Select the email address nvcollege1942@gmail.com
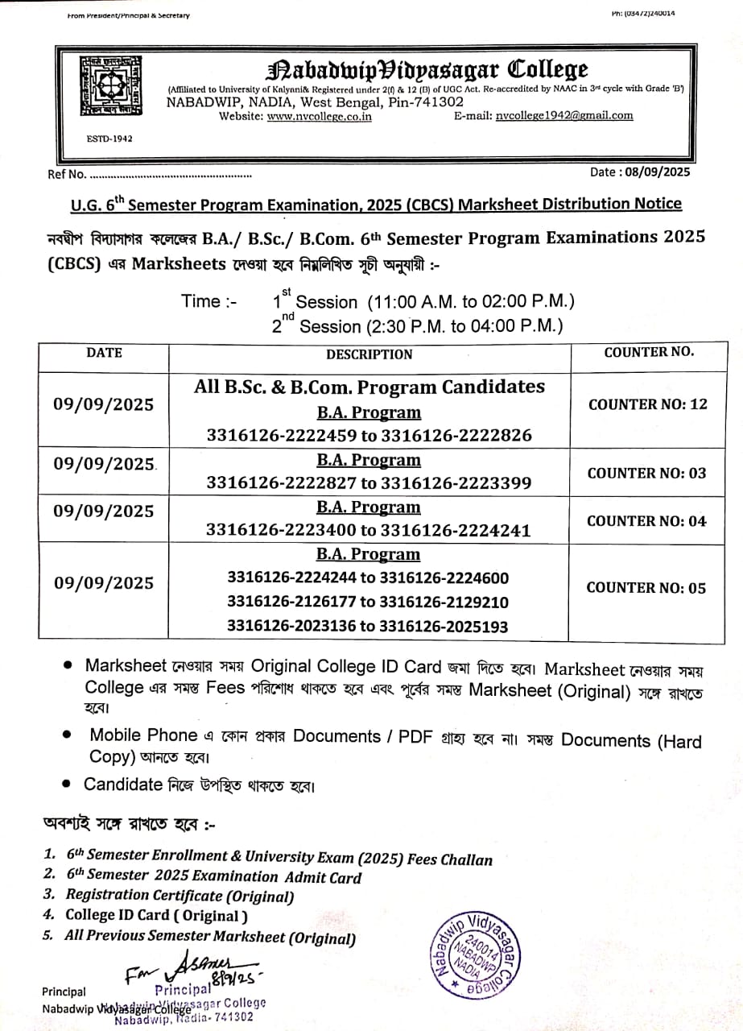[564, 115]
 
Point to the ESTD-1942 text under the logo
[109, 139]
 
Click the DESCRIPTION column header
[369, 354]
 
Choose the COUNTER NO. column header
[649, 352]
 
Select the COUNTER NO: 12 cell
[648, 404]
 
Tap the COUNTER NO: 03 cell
[646, 473]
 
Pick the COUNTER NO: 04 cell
[646, 521]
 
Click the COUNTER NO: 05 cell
[646, 588]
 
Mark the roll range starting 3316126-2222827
[369, 483]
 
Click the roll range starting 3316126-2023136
[368, 626]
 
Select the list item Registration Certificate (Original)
[180, 895]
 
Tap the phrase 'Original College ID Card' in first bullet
[346, 667]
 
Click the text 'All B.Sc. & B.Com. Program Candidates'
[369, 387]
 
